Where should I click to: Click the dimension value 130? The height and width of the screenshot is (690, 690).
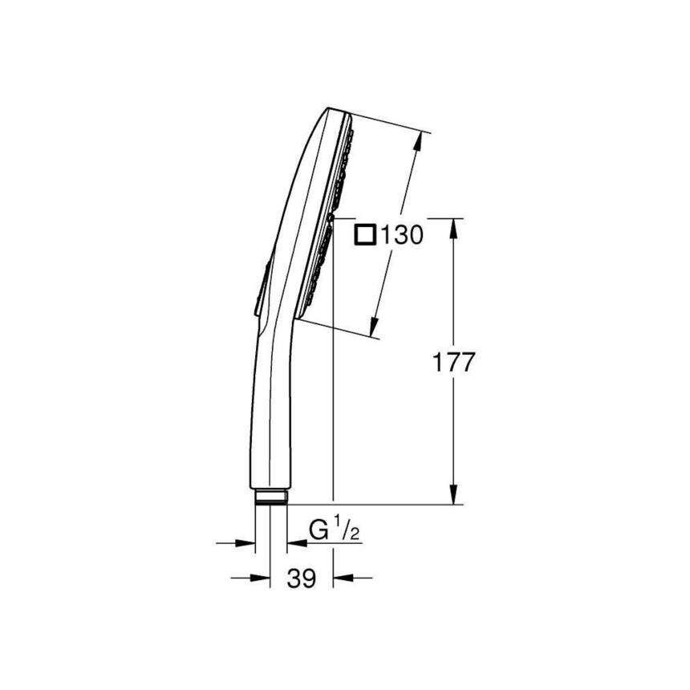click(402, 236)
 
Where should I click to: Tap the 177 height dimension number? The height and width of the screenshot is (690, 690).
click(455, 362)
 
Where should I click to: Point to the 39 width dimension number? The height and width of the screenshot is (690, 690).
click(302, 578)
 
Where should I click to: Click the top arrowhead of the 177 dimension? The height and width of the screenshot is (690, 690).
click(453, 229)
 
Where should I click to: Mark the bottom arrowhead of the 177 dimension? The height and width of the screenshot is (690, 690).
click(453, 494)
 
